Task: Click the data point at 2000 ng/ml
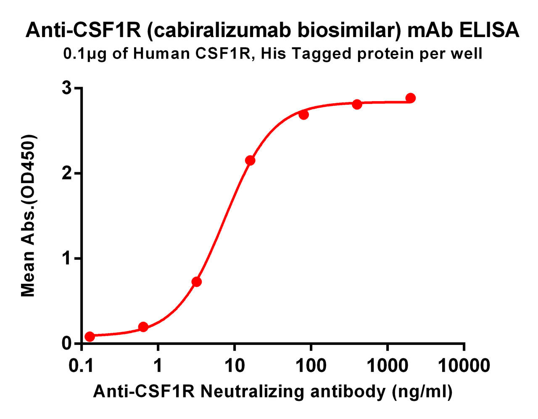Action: click(410, 98)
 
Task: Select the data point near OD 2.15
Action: click(250, 160)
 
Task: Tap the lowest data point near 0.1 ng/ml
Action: click(90, 336)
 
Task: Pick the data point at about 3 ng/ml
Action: click(196, 282)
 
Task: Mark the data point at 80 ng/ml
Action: click(303, 115)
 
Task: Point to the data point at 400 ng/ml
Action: click(357, 104)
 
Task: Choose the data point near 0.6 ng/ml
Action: click(143, 327)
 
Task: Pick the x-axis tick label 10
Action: click(235, 366)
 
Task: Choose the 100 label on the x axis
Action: click(311, 366)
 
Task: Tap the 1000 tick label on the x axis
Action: click(388, 366)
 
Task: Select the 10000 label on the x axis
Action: click(464, 366)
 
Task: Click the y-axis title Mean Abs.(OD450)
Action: click(28, 216)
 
